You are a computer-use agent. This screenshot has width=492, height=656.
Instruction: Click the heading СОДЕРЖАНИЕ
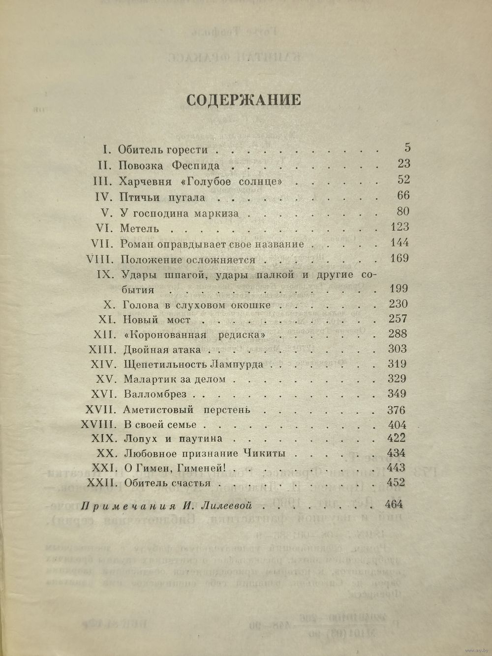pos(244,99)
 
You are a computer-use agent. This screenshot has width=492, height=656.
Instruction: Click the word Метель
pos(139,228)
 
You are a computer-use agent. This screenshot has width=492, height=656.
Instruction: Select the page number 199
pos(398,289)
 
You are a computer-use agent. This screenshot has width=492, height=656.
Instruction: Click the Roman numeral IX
pos(105,274)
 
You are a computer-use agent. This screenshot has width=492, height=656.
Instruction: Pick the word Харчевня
pos(146,182)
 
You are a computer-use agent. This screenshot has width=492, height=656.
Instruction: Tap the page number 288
pos(397,334)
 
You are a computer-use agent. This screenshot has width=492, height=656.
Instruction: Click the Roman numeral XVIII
pos(98,424)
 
